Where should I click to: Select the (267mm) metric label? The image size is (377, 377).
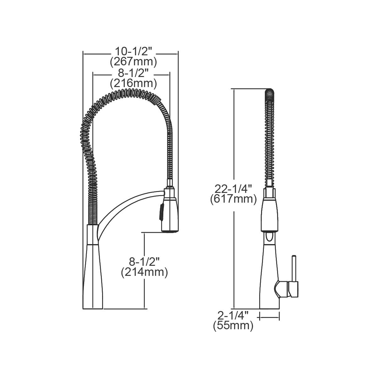tap(133, 62)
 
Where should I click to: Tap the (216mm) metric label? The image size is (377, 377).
tap(133, 84)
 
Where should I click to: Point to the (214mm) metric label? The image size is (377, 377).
tap(144, 272)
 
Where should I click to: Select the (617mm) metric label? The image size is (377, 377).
tap(233, 199)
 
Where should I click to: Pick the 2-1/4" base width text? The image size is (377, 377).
tap(233, 315)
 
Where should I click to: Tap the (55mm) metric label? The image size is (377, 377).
tap(233, 326)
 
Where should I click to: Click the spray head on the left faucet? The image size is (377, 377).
tap(170, 210)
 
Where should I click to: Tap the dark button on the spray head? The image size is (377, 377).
tap(161, 211)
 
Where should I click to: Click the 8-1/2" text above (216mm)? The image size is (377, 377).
tap(133, 73)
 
